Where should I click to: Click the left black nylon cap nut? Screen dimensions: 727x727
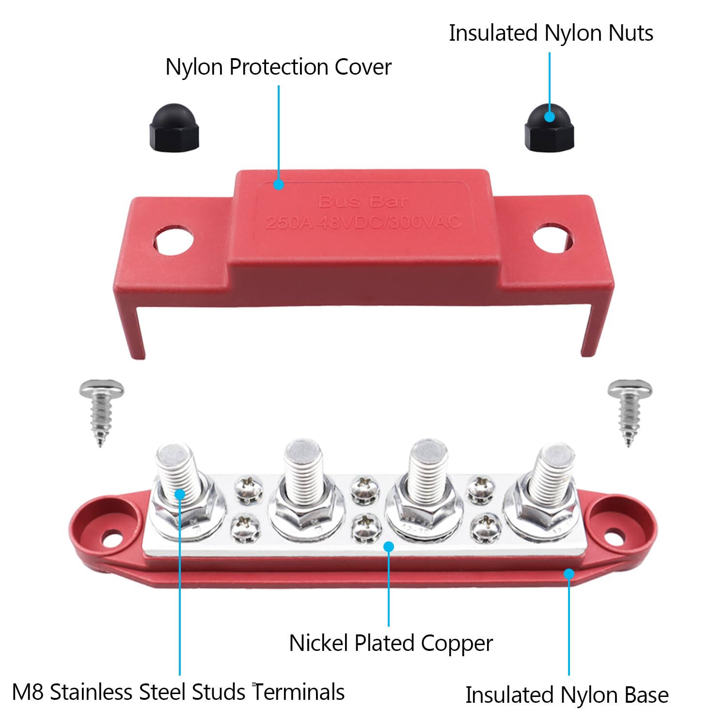[174, 127]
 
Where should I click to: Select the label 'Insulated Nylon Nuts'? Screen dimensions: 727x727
[551, 33]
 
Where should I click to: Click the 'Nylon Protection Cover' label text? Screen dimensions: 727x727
[278, 67]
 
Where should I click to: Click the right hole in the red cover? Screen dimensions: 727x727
[553, 237]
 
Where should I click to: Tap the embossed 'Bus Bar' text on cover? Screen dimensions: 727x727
[363, 202]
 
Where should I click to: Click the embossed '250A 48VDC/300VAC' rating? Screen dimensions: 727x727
[363, 222]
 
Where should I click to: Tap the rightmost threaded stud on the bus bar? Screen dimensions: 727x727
[552, 473]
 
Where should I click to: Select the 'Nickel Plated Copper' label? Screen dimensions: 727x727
[391, 643]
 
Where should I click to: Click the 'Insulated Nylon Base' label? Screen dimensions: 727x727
[567, 695]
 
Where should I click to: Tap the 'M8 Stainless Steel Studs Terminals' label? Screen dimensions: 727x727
[178, 692]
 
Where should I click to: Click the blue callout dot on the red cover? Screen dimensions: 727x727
[278, 184]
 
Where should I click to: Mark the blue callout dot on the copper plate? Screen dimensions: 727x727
[389, 547]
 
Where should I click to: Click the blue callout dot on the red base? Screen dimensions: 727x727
[569, 574]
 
